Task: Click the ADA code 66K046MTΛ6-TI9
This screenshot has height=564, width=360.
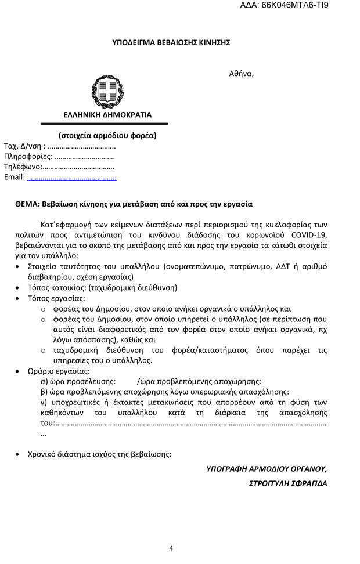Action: pyautogui.click(x=300, y=5)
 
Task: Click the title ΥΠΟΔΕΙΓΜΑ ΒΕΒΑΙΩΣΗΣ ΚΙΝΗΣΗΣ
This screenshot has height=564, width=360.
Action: pyautogui.click(x=171, y=42)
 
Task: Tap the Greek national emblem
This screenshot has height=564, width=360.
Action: pyautogui.click(x=107, y=92)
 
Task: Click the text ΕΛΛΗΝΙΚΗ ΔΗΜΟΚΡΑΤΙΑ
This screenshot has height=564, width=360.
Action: pyautogui.click(x=107, y=115)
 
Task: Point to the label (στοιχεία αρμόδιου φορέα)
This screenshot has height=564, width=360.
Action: pyautogui.click(x=107, y=136)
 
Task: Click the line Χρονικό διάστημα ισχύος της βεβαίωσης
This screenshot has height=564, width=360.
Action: pyautogui.click(x=99, y=454)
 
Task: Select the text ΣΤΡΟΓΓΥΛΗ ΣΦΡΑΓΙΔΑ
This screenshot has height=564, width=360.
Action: pyautogui.click(x=288, y=483)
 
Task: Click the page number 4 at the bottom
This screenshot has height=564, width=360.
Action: pyautogui.click(x=171, y=548)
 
